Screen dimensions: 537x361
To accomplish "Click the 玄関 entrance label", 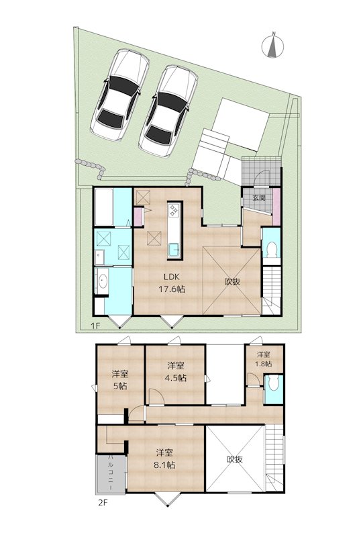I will coord(259,198).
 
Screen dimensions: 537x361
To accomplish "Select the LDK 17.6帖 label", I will coord(172,283).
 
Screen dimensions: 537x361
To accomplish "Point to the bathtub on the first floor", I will coord(103,207).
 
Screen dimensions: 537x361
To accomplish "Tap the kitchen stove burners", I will coord(174,212).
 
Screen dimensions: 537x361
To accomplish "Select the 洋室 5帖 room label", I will coord(120,381).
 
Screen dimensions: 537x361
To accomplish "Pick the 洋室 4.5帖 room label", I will coord(176,371).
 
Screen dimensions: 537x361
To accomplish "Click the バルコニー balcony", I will coord(111,473).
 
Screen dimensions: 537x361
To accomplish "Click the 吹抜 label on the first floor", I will coord(233,281).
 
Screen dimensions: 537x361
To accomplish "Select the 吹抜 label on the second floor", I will coord(234,460).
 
